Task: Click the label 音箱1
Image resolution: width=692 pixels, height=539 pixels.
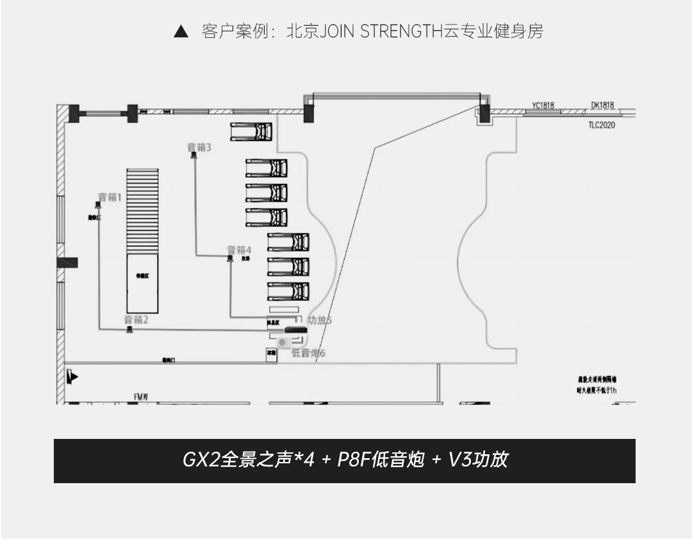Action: coord(109,197)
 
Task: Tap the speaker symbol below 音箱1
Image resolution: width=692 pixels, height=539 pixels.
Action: coord(99,205)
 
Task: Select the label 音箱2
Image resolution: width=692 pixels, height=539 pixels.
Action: coord(136,320)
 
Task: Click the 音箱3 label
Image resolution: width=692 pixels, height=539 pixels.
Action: coord(199,148)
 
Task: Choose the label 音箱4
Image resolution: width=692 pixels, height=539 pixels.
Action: coord(239,249)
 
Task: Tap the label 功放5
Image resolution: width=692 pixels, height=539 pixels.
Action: coord(320,320)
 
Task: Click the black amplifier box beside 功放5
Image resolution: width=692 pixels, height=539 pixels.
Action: coord(295,330)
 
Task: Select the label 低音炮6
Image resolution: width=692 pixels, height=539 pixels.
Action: coord(308,352)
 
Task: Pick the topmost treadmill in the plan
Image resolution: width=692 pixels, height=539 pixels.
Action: coord(252,132)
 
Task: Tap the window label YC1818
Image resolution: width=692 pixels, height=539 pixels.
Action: coord(543,105)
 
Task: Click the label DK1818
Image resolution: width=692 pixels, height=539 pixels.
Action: coord(602,105)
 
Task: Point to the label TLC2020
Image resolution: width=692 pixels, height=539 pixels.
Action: coord(602,125)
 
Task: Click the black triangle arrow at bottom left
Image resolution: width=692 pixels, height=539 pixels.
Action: coord(74,377)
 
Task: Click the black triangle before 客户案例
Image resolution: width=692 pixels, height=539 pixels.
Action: coord(181,31)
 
